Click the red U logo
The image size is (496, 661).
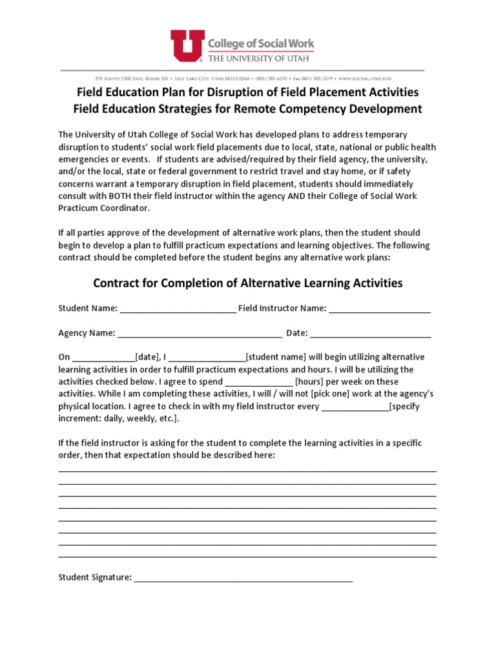point(187,45)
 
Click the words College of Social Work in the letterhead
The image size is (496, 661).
point(260,43)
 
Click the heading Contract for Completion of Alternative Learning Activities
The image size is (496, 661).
point(248,283)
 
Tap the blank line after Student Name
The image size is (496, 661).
point(178,309)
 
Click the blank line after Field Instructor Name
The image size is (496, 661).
point(379,309)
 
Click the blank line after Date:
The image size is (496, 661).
point(371,333)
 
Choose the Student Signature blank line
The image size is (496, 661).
point(243,578)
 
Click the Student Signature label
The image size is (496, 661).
point(95,577)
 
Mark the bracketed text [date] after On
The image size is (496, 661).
point(148,357)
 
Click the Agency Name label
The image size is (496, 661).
point(87,333)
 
